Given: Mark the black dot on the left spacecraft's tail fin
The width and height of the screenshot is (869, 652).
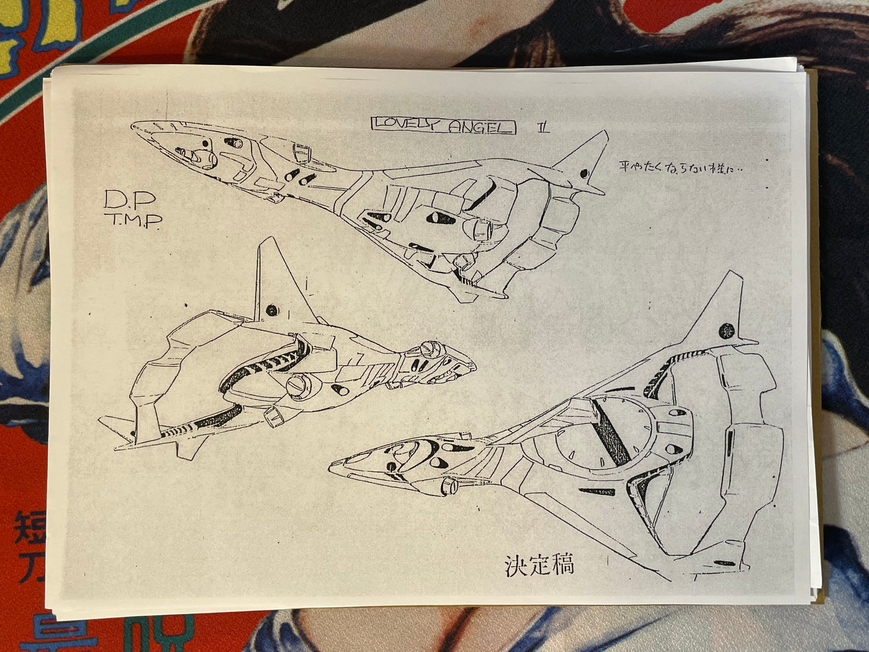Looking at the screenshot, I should click(x=271, y=309).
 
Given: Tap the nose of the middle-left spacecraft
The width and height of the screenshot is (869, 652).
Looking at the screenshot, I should click(x=472, y=363).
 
